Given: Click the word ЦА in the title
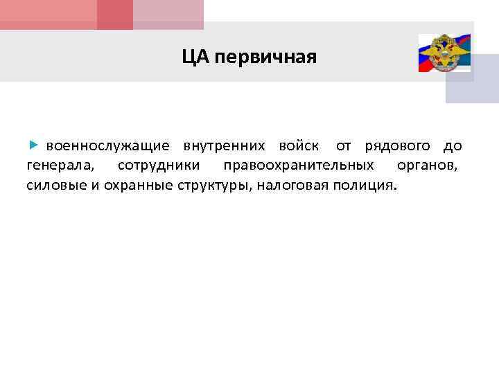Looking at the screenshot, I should (195, 57).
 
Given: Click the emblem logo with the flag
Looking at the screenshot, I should (444, 53).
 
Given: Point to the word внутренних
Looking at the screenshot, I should (224, 146).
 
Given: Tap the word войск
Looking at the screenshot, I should (299, 146).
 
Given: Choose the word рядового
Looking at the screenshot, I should (397, 147).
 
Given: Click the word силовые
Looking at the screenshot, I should (55, 186).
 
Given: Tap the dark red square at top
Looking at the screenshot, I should (115, 14).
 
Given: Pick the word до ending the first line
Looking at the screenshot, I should (453, 146).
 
